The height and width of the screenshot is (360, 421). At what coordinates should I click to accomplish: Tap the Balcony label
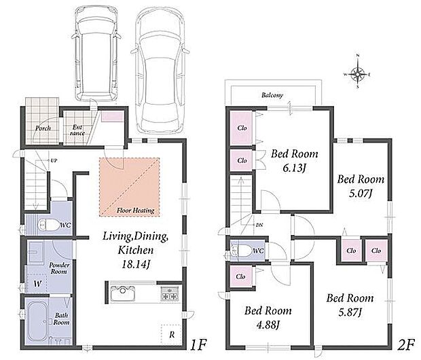pyautogui.click(x=272, y=95)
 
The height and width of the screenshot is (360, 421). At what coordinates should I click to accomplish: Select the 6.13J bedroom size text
pyautogui.click(x=294, y=168)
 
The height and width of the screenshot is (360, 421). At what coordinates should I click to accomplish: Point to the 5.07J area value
pyautogui.click(x=361, y=194)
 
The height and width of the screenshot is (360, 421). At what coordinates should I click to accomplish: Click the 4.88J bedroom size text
pyautogui.click(x=268, y=325)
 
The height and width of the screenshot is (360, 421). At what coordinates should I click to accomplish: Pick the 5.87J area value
pyautogui.click(x=350, y=312)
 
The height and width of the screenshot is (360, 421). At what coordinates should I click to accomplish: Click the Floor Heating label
pyautogui.click(x=136, y=211)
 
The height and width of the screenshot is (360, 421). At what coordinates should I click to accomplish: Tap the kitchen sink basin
pyautogui.click(x=123, y=293)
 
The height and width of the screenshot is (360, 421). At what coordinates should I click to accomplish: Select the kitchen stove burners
pyautogui.click(x=170, y=293)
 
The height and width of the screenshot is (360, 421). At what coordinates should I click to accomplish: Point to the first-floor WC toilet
pyautogui.click(x=48, y=225)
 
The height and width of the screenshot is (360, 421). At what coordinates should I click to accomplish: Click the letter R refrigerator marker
pyautogui.click(x=172, y=335)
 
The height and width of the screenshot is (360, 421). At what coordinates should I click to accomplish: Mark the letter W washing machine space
pyautogui.click(x=38, y=283)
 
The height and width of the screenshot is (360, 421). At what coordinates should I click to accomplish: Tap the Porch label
pyautogui.click(x=43, y=128)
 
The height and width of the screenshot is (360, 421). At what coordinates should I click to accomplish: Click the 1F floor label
pyautogui.click(x=198, y=344)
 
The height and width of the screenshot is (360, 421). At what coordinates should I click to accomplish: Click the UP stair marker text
pyautogui.click(x=54, y=161)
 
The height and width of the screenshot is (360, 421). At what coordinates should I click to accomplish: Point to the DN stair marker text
pyautogui.click(x=259, y=225)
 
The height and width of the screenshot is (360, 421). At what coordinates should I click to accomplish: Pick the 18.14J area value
pyautogui.click(x=136, y=265)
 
